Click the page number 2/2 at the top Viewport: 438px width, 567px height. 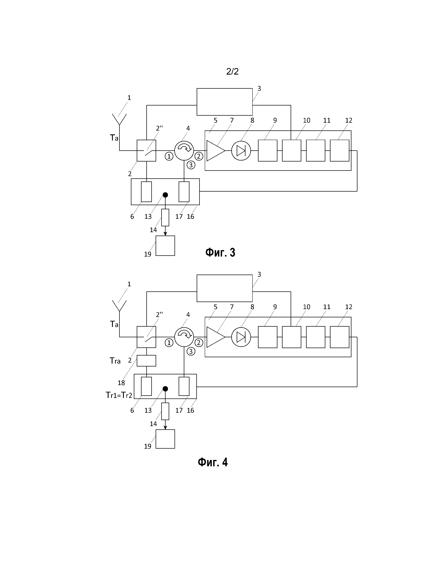tap(232, 71)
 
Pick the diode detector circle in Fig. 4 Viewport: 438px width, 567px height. tap(241, 337)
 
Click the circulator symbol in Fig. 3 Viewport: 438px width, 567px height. tap(184, 151)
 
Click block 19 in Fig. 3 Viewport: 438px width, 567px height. tap(165, 246)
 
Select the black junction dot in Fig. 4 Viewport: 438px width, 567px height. tap(165, 389)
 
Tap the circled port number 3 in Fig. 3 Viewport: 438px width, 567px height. tap(191, 165)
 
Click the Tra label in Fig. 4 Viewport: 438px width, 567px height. tap(115, 361)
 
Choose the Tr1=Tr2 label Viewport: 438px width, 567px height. tap(119, 395)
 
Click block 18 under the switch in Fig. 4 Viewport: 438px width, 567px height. tap(146, 361)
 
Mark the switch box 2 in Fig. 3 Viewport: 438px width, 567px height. tap(146, 151)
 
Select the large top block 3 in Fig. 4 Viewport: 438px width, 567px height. tap(224, 288)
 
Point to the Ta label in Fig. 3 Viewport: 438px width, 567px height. tap(114, 138)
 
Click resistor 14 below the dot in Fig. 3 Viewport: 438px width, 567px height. tap(165, 218)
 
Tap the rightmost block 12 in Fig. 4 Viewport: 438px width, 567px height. tap(339, 337)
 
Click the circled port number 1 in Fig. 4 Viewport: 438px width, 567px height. tap(169, 343)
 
